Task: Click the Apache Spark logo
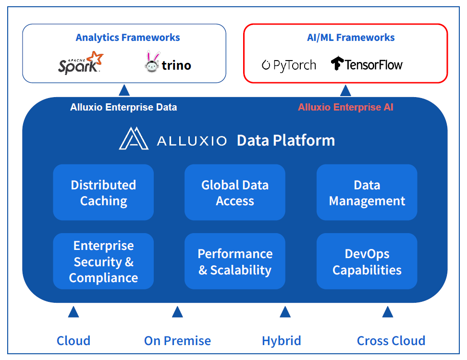(81, 62)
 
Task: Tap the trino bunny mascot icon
(152, 62)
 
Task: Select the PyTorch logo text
(289, 65)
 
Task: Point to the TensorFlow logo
(367, 64)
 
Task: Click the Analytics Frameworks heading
(128, 37)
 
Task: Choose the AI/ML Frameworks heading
(351, 37)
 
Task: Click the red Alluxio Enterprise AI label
(345, 107)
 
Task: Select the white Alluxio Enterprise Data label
(123, 107)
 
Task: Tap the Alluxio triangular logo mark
(134, 138)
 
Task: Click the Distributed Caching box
(103, 192)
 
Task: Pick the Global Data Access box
(235, 192)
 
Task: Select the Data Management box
(367, 192)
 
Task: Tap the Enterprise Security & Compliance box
(103, 261)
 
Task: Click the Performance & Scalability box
(235, 261)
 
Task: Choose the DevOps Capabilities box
(367, 261)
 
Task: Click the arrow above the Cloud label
(73, 312)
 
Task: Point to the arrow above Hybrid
(285, 312)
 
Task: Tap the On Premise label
(177, 341)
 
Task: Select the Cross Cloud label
(391, 341)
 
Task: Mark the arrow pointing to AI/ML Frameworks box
(345, 90)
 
